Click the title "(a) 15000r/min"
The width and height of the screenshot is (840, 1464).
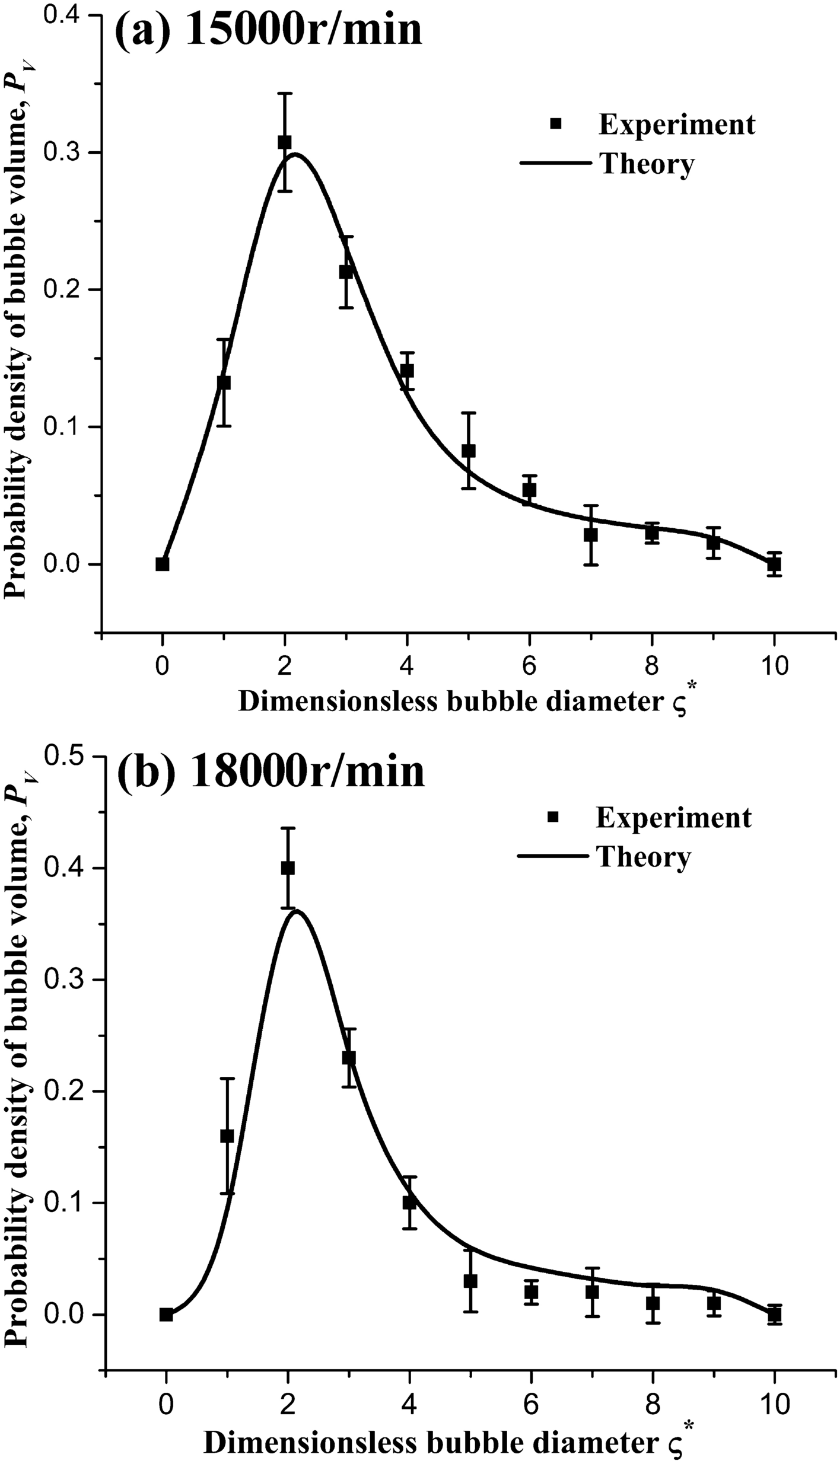click(268, 31)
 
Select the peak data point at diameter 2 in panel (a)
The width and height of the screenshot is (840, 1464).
click(285, 142)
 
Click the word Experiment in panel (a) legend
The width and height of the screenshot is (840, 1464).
click(677, 125)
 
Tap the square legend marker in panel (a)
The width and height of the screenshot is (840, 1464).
click(556, 123)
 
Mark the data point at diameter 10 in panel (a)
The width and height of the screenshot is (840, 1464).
click(774, 564)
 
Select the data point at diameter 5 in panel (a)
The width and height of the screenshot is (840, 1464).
click(469, 451)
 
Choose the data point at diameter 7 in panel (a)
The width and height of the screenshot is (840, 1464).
click(590, 535)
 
